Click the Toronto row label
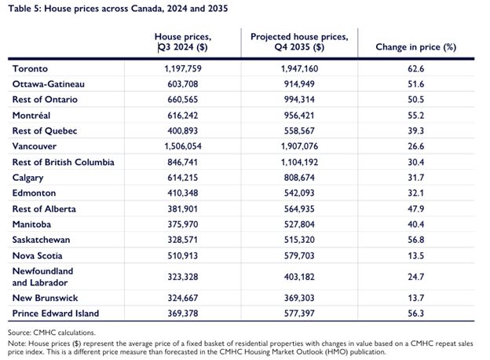pos(30,68)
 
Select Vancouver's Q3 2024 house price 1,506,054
pos(183,146)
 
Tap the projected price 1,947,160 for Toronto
pos(299,68)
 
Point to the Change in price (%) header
pos(415,47)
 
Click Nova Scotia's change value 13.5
pos(415,255)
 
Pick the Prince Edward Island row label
pos(56,313)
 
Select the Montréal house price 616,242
pos(182,116)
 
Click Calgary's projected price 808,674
pos(299,178)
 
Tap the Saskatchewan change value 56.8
pos(415,240)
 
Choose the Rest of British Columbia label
pos(63,162)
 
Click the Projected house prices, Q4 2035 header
pos(299,42)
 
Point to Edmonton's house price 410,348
pos(182,193)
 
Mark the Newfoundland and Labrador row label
pos(43,277)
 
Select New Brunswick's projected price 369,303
pos(299,298)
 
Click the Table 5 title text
pos(118,8)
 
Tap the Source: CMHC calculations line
pos(52,332)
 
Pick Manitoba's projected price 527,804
pos(299,224)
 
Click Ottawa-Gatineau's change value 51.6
pos(415,84)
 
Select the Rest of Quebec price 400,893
pos(182,130)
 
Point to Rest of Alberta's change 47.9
pos(415,209)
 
